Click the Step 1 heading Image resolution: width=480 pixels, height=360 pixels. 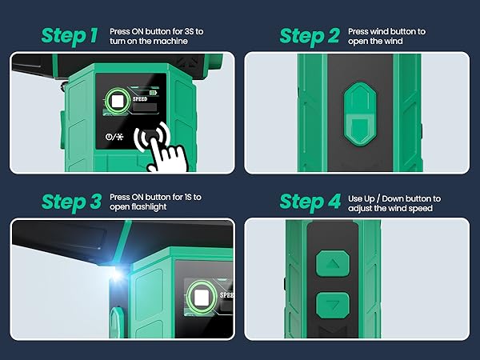tap(70, 36)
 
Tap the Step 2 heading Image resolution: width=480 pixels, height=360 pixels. tap(310, 37)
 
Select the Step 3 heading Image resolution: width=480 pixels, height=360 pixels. tap(71, 202)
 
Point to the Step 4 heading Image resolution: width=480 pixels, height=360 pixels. tap(310, 202)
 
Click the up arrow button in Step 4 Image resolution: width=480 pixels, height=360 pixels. tap(333, 263)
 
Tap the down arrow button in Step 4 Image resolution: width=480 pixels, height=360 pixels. tap(333, 306)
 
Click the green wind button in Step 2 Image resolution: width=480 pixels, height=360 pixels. tap(360, 114)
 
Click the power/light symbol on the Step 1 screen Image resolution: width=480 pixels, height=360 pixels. tap(114, 137)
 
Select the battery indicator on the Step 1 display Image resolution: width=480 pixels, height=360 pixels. tap(153, 93)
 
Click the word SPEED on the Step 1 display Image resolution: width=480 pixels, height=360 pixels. tap(140, 99)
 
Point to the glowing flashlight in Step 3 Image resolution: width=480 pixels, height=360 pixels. tap(116, 274)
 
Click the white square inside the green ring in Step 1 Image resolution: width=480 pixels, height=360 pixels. tap(117, 102)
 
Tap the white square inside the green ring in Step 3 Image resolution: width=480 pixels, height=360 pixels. tap(202, 298)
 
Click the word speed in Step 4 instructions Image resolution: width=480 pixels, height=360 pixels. tap(421, 209)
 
